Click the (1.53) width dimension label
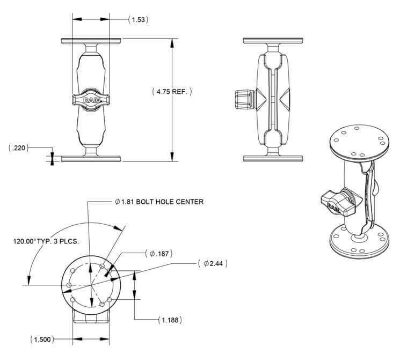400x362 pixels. [x=138, y=20]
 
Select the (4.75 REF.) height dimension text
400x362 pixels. [x=172, y=92]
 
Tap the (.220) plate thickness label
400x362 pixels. [x=19, y=148]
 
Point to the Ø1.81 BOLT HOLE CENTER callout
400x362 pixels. [x=159, y=202]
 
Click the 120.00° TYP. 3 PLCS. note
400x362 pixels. [x=46, y=241]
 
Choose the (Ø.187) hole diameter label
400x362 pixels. [x=159, y=254]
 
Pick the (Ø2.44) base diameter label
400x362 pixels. [x=213, y=263]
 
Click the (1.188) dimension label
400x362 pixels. [x=170, y=320]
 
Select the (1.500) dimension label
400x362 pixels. [x=42, y=339]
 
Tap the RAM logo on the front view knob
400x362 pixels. [x=91, y=100]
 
